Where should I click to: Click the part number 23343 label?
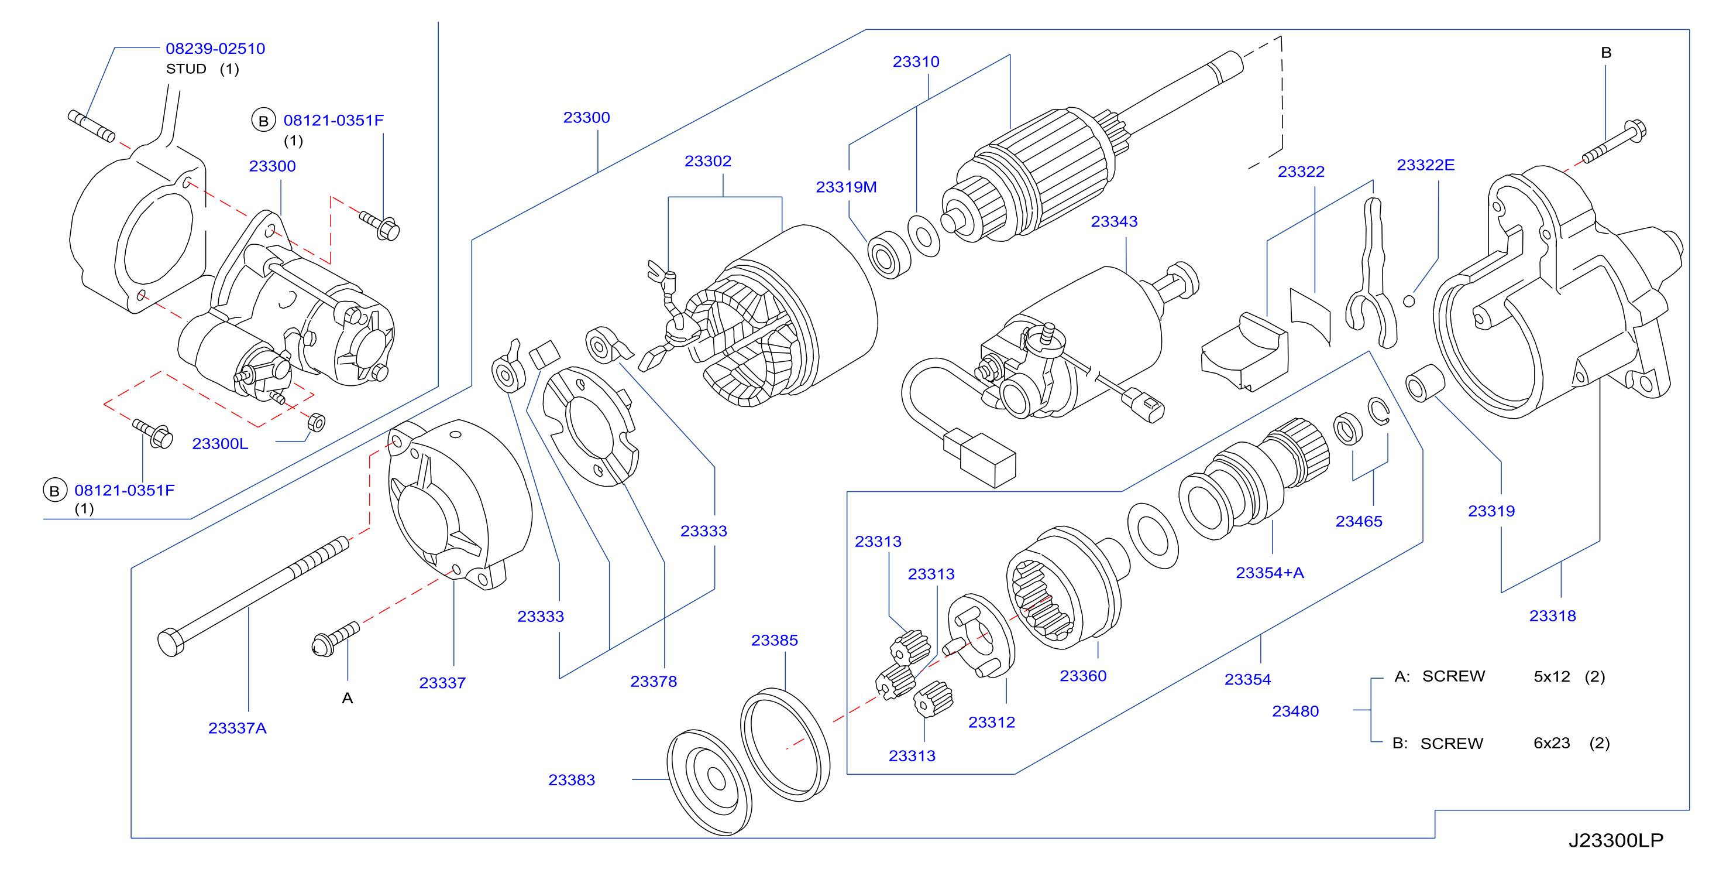coord(1113,221)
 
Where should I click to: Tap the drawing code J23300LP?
coord(1616,840)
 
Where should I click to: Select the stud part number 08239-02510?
coord(215,49)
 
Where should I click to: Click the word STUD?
coord(187,69)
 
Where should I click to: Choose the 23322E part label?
coord(1426,165)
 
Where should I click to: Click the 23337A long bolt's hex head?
coord(170,642)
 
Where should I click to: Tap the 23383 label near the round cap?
coord(571,779)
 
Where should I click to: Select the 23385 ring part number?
coord(774,640)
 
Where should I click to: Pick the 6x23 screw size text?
coord(1552,743)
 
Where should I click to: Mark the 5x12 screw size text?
coord(1552,676)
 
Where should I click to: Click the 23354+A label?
coord(1270,573)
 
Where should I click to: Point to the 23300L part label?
coord(220,444)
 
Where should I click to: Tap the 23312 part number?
coord(991,722)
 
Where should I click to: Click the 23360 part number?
coord(1082,676)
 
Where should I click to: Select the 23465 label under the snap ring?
coord(1359,521)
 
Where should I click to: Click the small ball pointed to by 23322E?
coord(1409,301)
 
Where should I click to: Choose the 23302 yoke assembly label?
coord(708,161)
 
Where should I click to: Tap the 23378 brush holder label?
coord(653,681)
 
